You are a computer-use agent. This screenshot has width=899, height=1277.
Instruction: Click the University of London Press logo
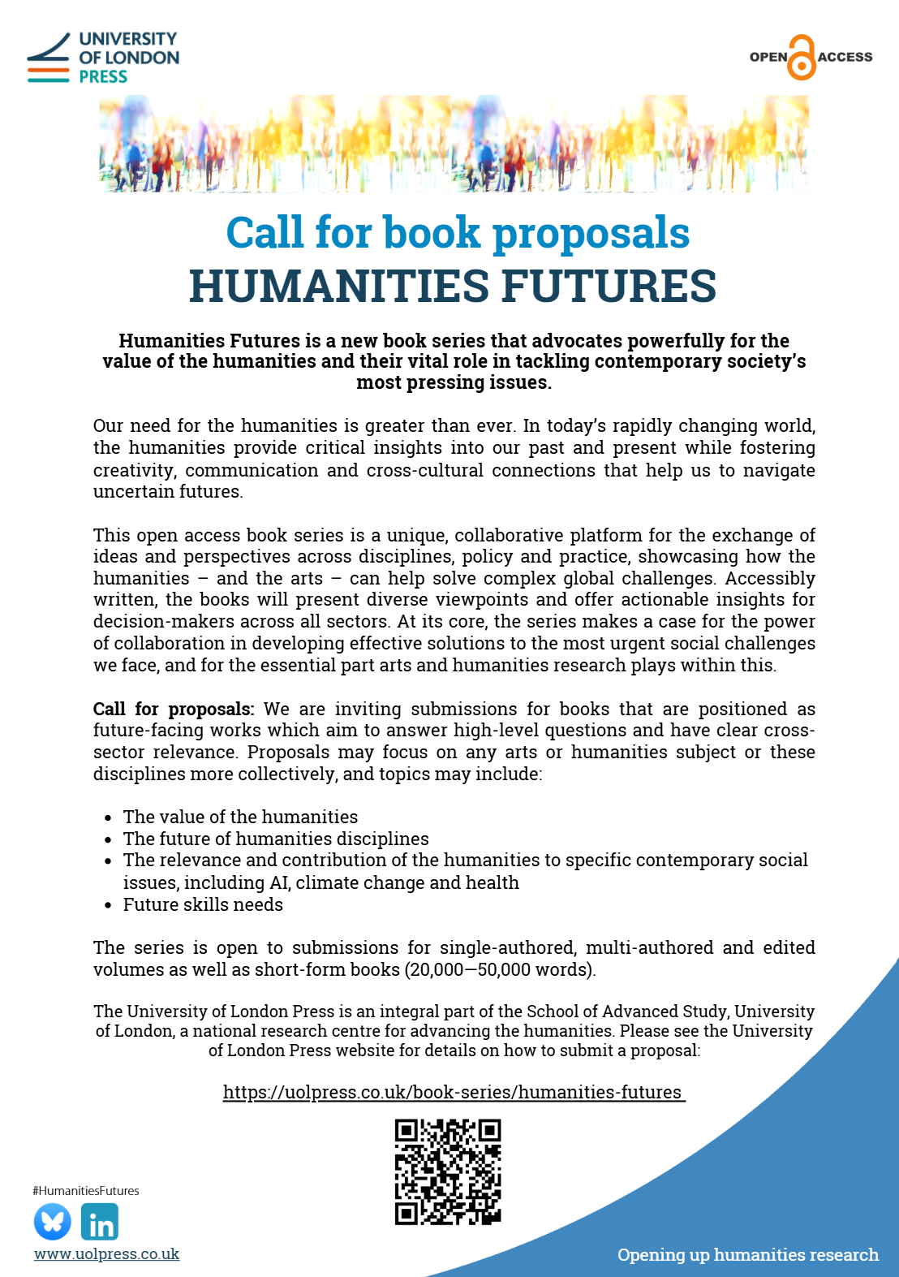103,58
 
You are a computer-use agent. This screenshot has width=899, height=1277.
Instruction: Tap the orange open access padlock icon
802,58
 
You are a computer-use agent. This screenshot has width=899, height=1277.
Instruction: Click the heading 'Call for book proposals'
458,233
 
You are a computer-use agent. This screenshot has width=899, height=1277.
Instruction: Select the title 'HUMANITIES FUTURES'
453,287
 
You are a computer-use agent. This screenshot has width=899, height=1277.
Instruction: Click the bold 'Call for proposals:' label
174,709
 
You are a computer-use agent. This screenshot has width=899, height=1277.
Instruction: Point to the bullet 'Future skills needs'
203,904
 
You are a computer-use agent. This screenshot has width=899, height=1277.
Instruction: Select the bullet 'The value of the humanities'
240,817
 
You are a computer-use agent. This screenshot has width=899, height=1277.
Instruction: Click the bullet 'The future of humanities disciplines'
276,839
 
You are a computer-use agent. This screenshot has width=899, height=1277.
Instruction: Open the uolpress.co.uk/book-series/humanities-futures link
453,1092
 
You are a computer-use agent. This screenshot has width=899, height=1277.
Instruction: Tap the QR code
448,1171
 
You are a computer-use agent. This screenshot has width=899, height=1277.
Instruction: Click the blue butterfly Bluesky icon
53,1221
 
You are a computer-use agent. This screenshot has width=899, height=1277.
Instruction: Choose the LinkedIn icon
100,1221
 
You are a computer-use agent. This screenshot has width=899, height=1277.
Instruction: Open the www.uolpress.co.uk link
106,1253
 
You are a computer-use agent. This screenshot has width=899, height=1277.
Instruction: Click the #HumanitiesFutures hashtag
86,1191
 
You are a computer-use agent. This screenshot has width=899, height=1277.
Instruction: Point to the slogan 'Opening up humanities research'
747,1254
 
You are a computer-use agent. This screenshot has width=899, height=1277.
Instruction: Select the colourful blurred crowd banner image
454,144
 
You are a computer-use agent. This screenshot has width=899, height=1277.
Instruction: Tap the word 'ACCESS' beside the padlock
845,57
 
